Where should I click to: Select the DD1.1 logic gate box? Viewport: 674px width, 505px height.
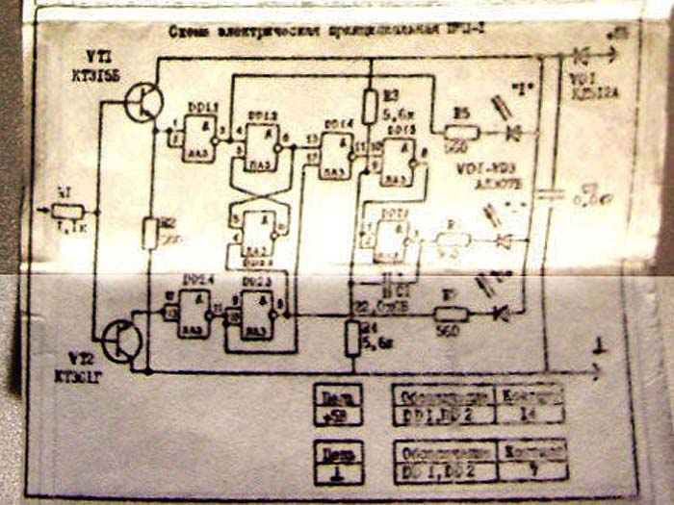coord(202,139)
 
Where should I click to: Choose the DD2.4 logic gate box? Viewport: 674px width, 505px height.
coord(196,315)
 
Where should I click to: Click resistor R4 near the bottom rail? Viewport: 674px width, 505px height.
coord(352,338)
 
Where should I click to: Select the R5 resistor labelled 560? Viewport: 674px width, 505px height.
coord(460,132)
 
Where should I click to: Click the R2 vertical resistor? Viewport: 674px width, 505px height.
coord(149,233)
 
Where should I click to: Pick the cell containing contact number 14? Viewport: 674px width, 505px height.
coord(531,415)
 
